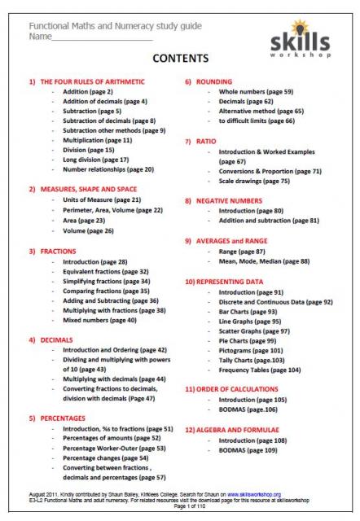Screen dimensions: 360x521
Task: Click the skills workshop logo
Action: point(307,37)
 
